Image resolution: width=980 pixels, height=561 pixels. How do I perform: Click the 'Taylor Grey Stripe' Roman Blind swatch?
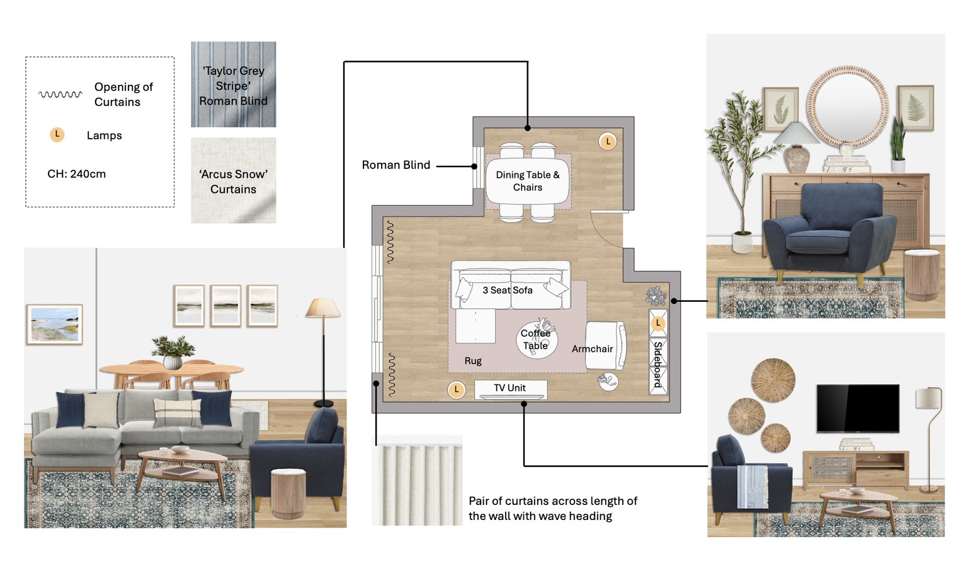233,84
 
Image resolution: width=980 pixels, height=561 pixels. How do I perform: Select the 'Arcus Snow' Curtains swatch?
233,180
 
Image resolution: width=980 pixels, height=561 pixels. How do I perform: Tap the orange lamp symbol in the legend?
57,135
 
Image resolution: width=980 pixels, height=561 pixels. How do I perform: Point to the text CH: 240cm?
77,174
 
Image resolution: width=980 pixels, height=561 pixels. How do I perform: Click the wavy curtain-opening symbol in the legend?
60,94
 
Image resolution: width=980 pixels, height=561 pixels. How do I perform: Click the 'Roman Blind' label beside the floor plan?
396,165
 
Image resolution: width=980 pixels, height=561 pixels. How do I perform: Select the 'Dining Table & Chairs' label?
528,181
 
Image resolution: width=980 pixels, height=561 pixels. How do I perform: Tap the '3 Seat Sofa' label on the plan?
508,290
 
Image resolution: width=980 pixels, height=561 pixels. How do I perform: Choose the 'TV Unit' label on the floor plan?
510,388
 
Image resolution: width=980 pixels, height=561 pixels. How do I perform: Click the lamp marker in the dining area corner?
608,141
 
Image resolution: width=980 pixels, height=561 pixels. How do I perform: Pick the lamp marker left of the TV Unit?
457,390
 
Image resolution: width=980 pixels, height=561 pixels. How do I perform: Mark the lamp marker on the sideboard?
658,323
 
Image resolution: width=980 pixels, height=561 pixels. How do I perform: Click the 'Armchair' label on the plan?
592,349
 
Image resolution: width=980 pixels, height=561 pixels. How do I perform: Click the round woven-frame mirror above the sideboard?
848,107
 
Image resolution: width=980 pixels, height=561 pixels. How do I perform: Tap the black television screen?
858,408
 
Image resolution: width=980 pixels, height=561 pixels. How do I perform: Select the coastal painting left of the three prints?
55,325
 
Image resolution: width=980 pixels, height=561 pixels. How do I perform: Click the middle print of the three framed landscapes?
225,306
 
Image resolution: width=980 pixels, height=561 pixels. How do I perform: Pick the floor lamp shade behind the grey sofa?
323,308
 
